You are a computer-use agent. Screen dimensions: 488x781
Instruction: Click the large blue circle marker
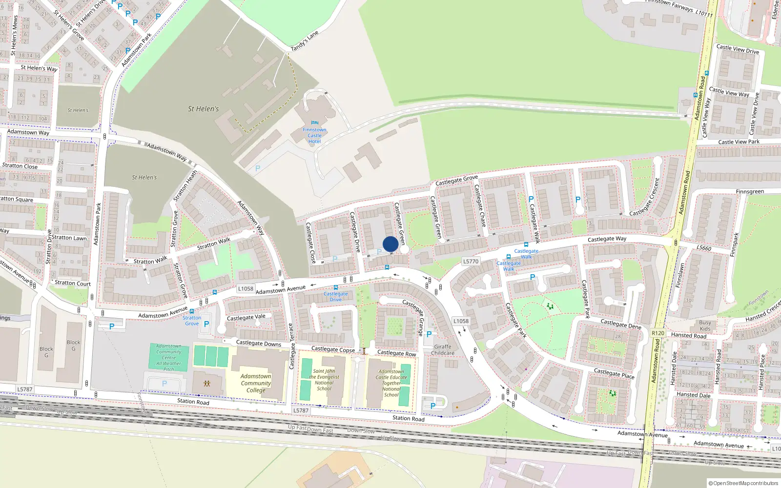(390, 244)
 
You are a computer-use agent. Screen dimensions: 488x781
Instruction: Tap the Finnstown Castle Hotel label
(314, 136)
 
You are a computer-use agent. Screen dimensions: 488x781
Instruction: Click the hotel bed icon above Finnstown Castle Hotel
(314, 122)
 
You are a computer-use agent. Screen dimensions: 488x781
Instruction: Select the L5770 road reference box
(471, 262)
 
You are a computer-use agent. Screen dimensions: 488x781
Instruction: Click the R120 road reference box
(658, 333)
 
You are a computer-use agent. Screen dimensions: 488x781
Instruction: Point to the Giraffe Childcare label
(443, 350)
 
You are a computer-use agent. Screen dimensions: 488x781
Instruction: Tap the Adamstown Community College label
(256, 383)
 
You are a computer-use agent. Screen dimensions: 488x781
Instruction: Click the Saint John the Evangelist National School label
(324, 380)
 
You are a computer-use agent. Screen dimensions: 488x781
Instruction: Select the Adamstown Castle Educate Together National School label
(391, 383)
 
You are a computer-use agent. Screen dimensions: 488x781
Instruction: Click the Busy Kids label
(705, 325)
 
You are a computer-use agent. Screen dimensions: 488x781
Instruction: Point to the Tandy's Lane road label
(305, 41)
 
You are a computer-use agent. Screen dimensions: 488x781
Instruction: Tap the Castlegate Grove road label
(456, 180)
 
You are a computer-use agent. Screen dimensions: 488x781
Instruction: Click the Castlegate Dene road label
(621, 324)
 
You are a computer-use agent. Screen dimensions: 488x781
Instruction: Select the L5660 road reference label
(704, 248)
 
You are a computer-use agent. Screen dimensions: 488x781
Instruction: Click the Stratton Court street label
(73, 283)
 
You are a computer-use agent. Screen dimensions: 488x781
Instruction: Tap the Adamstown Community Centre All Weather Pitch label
(168, 358)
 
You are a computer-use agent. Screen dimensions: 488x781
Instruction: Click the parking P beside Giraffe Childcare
(429, 334)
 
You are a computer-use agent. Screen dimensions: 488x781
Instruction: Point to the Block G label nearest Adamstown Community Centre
(74, 345)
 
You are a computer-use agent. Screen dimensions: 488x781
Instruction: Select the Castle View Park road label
(739, 142)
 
